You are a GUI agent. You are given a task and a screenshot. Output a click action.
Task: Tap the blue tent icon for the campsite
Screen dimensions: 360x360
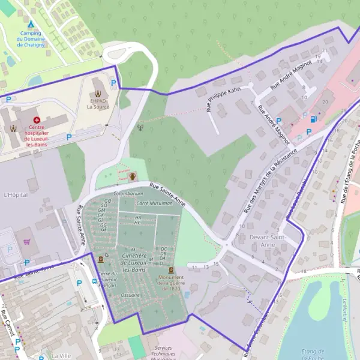click(31, 24)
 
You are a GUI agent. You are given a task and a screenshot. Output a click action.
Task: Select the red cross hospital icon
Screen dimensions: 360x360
click(37, 121)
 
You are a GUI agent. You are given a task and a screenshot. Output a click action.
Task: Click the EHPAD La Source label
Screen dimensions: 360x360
click(98, 104)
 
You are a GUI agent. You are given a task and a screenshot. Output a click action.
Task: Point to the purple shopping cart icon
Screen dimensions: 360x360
click(27, 242)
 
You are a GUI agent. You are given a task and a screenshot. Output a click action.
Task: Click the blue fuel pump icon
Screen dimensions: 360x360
click(313, 119)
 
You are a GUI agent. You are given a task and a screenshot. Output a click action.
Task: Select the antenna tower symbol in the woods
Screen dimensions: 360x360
click(141, 127)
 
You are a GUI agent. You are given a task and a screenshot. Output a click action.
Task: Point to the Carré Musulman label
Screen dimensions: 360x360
click(155, 203)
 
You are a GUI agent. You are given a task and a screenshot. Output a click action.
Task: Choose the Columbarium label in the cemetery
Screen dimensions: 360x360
click(128, 194)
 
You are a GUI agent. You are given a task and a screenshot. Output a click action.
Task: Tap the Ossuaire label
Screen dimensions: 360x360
click(130, 295)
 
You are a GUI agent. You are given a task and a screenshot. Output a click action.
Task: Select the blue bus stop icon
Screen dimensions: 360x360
click(95, 281)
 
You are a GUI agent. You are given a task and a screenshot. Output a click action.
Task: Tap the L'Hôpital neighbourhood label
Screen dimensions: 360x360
click(16, 195)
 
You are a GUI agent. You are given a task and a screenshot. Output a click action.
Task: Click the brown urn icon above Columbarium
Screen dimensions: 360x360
click(132, 177)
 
